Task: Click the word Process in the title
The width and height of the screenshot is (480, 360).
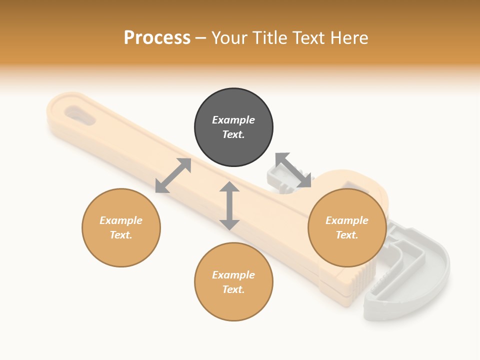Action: click(x=157, y=38)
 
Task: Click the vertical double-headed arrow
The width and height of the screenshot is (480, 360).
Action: click(x=229, y=205)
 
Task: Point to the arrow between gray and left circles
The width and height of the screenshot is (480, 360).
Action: click(x=173, y=175)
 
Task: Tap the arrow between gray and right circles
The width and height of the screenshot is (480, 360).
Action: click(x=293, y=170)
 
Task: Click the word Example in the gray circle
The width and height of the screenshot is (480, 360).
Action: click(x=233, y=120)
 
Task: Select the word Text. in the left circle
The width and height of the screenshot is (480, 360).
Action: click(x=121, y=235)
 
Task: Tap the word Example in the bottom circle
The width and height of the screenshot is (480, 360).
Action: click(x=233, y=275)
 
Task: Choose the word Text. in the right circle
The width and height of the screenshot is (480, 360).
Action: click(x=347, y=235)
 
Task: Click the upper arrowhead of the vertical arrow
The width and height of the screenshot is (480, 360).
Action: click(x=229, y=187)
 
